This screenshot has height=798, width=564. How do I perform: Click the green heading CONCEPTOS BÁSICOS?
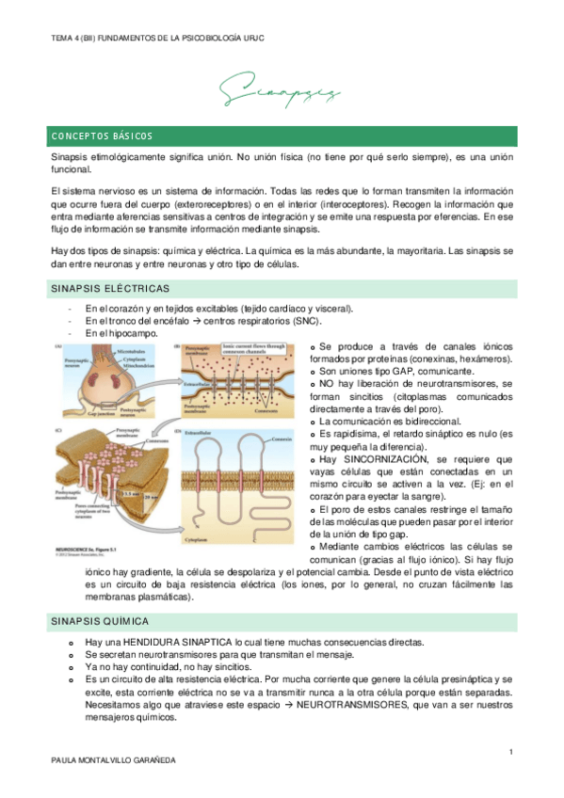click(103, 136)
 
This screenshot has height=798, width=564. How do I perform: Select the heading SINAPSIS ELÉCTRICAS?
click(110, 288)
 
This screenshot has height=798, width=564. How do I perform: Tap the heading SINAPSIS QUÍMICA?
click(103, 621)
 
